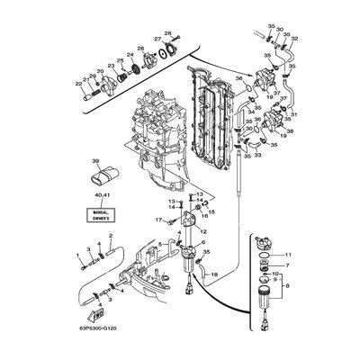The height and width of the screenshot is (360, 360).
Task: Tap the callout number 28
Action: click(167, 34)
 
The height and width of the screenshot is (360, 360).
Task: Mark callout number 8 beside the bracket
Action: click(312, 290)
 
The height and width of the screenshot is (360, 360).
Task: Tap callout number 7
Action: click(311, 266)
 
